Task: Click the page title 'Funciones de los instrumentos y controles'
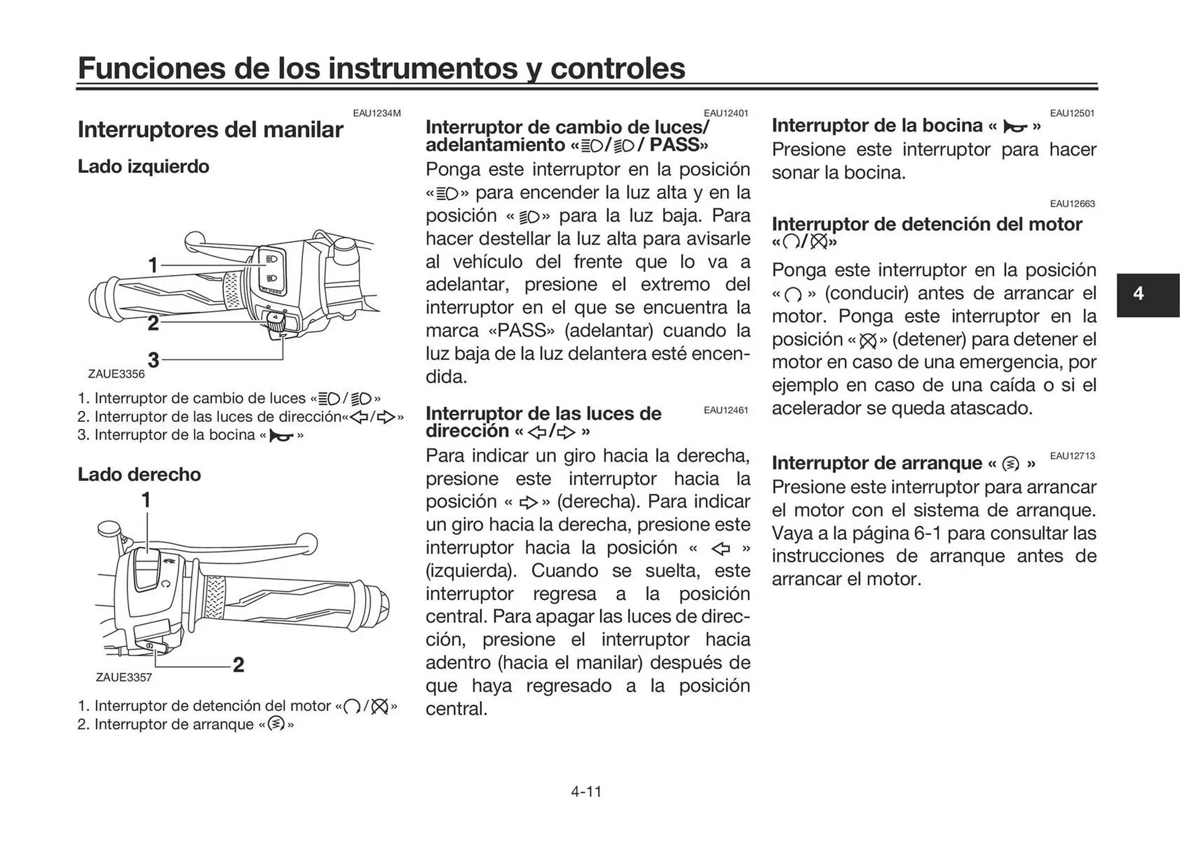tap(381, 68)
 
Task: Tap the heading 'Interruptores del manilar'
tap(210, 130)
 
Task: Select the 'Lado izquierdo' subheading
tap(143, 167)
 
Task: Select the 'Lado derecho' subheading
tap(139, 474)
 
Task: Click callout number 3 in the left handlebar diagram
tap(153, 360)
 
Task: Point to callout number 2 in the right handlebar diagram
tap(238, 664)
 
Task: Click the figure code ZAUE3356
tap(116, 374)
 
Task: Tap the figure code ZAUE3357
tap(124, 677)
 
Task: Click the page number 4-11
tap(586, 792)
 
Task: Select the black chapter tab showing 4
tap(1138, 294)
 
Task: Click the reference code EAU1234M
tap(376, 113)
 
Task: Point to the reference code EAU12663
tap(1072, 204)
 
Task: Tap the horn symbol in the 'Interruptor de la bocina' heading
tap(1015, 127)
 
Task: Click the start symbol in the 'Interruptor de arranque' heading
tap(1010, 464)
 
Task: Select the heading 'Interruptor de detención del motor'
tap(926, 224)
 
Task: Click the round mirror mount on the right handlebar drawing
tap(108, 528)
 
